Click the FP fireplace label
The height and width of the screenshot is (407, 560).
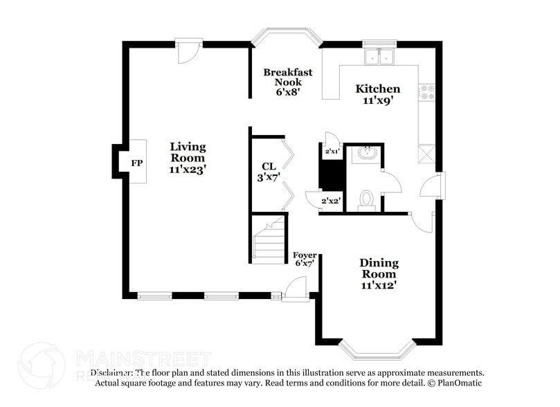(137, 163)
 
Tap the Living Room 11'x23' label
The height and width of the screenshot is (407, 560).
(188, 157)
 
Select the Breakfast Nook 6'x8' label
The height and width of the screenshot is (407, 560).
(287, 82)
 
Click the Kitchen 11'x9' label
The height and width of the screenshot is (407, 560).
(377, 94)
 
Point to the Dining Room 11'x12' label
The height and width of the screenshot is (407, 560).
(379, 273)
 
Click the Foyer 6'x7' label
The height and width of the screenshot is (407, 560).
(305, 259)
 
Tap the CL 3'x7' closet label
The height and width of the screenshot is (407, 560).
(268, 171)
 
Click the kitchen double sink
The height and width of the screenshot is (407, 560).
(379, 57)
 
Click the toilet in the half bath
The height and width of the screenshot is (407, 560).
(366, 199)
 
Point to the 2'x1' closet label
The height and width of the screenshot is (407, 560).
(332, 150)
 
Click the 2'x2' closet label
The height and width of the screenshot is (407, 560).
(332, 201)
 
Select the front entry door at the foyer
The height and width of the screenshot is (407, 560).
(297, 288)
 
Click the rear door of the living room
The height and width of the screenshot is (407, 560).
(187, 49)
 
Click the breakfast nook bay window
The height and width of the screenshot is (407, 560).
(286, 36)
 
